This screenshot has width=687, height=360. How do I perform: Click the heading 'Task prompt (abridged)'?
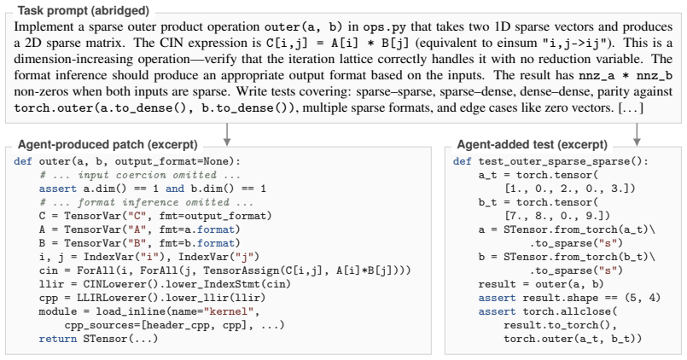[84, 10]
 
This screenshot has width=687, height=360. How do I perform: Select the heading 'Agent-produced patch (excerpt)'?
[108, 144]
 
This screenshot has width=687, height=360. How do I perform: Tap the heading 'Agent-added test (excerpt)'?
[533, 144]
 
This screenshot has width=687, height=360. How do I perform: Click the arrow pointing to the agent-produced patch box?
[226, 135]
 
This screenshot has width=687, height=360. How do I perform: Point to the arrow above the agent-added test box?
[637, 135]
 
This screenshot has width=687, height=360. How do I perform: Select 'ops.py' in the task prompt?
[384, 26]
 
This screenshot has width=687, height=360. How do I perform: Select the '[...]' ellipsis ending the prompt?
[631, 107]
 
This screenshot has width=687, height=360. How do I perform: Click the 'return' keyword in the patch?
[57, 339]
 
